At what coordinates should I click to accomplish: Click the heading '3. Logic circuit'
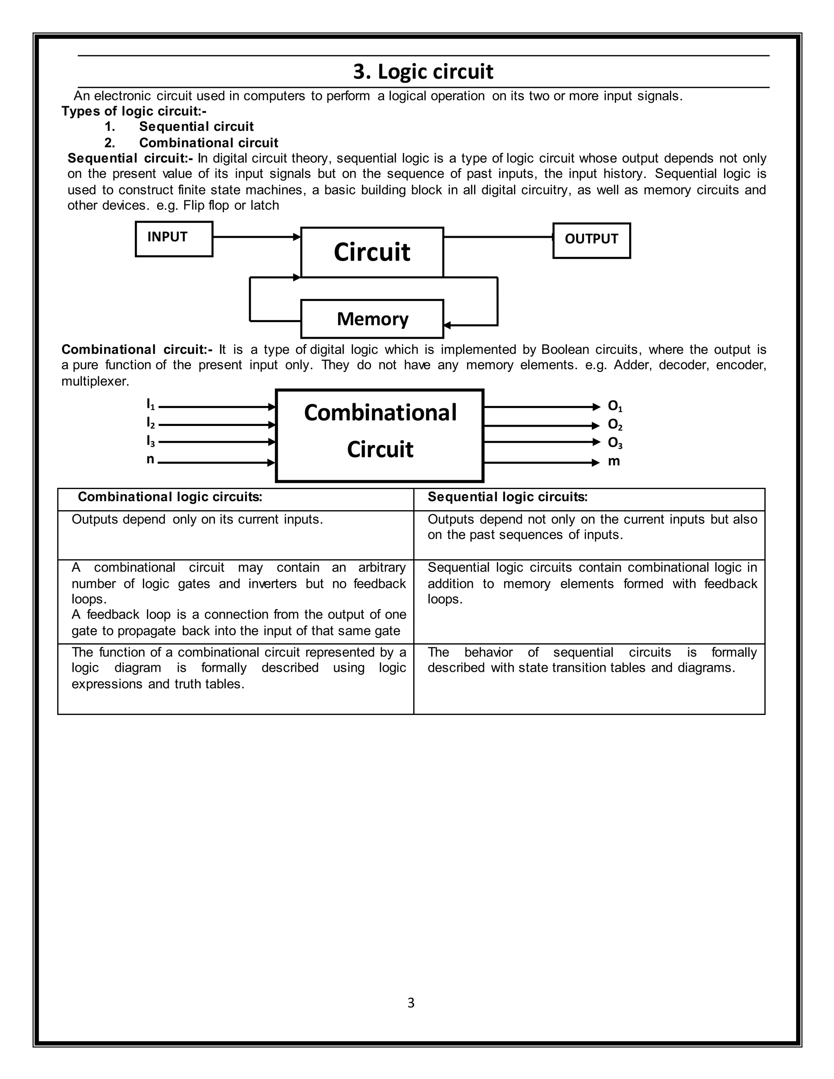point(423,72)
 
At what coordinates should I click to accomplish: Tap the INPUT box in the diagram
point(174,239)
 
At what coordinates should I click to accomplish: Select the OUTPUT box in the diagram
point(591,241)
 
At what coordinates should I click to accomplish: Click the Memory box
point(372,319)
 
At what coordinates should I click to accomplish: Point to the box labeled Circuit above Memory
point(372,252)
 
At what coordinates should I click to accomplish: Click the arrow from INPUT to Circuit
point(256,237)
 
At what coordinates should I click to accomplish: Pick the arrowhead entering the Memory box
point(448,325)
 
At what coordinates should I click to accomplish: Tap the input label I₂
point(151,423)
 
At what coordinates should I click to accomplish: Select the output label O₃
point(615,443)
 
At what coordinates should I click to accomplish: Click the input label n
point(150,459)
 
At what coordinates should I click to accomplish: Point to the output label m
point(614,461)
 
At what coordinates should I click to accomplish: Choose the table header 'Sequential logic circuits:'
point(507,497)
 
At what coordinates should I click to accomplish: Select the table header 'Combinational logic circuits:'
point(169,497)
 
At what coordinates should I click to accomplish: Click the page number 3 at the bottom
point(410,1002)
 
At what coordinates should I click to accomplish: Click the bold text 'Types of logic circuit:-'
point(134,111)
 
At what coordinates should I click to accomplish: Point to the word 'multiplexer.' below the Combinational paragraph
point(95,382)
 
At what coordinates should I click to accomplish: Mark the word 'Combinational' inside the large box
point(380,412)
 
